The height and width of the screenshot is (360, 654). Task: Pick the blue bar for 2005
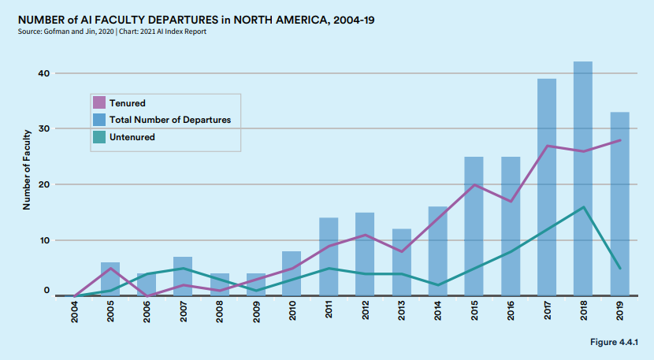[110, 279]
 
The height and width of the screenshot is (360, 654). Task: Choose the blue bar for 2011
[329, 256]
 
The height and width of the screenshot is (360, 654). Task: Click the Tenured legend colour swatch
[99, 102]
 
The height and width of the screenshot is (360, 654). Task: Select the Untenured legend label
[132, 137]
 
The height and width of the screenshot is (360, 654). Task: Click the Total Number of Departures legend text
[169, 120]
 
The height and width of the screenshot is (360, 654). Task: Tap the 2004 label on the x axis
[75, 314]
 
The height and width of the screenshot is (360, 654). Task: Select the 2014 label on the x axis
[438, 314]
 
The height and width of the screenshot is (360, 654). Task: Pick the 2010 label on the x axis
[292, 314]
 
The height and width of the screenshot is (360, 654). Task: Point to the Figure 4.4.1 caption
[614, 342]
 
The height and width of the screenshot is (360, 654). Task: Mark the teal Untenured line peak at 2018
[583, 207]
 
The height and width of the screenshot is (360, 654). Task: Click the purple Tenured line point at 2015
[474, 185]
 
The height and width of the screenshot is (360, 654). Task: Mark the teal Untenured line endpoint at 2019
[619, 269]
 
